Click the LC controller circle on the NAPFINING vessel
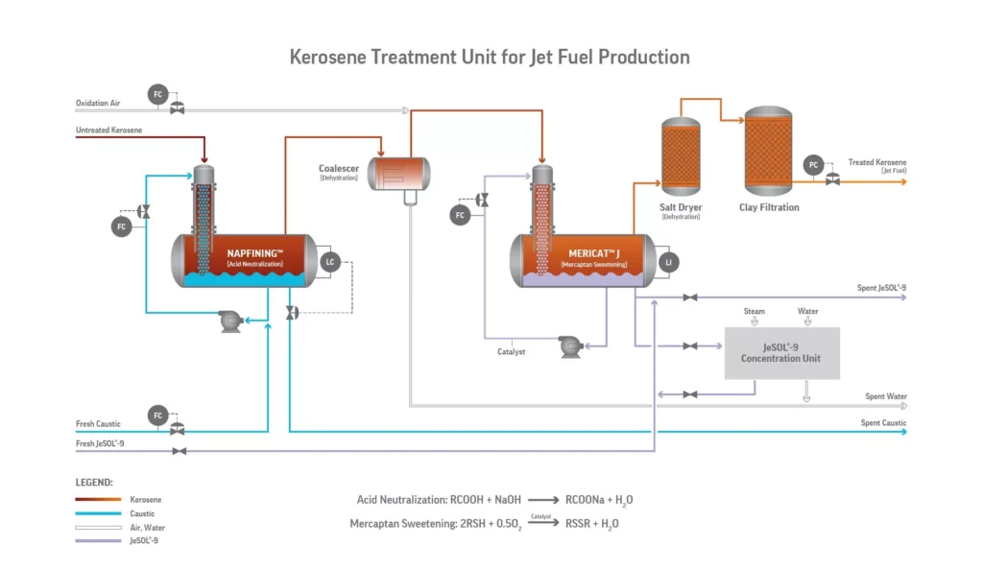pos(330,261)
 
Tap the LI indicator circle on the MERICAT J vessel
pos(668,261)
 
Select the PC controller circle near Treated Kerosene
pos(813,165)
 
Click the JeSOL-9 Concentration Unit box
pos(780,352)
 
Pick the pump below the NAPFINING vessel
pos(230,321)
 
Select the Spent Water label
pos(885,396)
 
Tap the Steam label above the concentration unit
pos(755,311)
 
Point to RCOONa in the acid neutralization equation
pos(587,500)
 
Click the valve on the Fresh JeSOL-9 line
pos(178,450)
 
